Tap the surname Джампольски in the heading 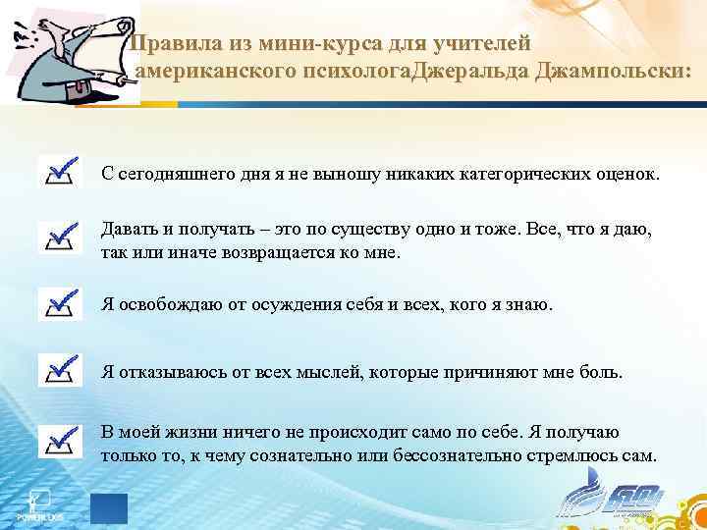[x=612, y=74]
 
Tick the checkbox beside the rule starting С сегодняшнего [x=60, y=171]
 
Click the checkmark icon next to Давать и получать [x=60, y=236]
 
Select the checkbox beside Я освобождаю [x=60, y=304]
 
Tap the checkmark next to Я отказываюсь [x=60, y=370]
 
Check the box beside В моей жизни [x=60, y=441]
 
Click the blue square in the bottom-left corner [x=109, y=509]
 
